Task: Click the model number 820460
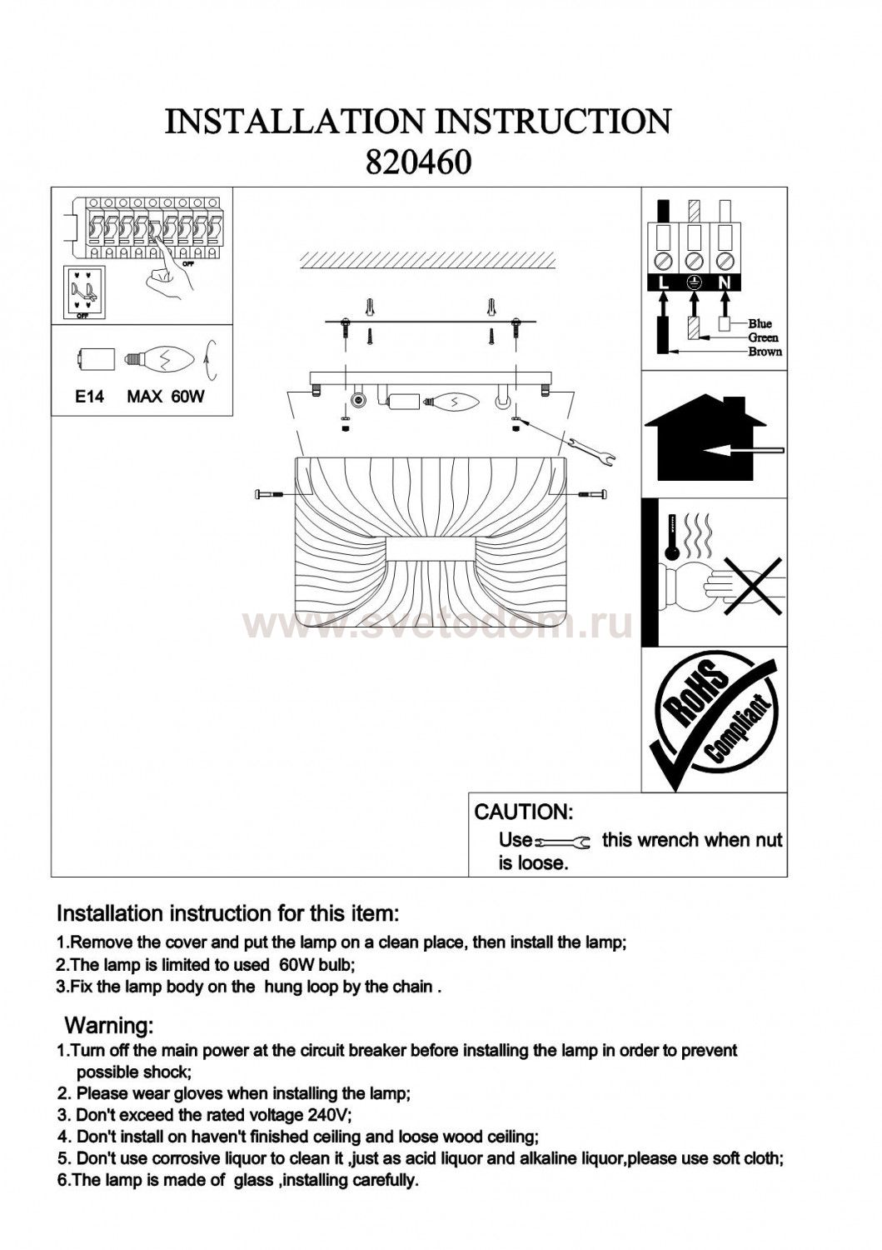pyautogui.click(x=419, y=162)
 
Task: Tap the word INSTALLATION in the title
pyautogui.click(x=296, y=122)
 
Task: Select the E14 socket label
pyautogui.click(x=89, y=397)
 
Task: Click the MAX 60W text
pyautogui.click(x=165, y=397)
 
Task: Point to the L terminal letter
pyautogui.click(x=663, y=282)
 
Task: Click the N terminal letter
pyautogui.click(x=725, y=282)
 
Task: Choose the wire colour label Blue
pyautogui.click(x=760, y=323)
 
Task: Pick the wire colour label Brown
pyautogui.click(x=765, y=352)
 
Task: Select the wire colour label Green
pyautogui.click(x=763, y=337)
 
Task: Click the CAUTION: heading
pyautogui.click(x=523, y=812)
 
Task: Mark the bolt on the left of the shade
pyautogui.click(x=268, y=495)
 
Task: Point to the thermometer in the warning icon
pyautogui.click(x=668, y=542)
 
